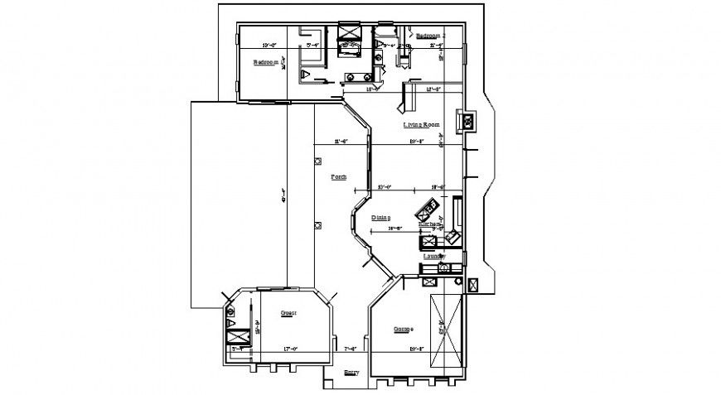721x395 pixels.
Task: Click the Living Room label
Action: [421, 125]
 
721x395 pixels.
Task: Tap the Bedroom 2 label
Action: [429, 36]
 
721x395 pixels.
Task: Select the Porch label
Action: [338, 177]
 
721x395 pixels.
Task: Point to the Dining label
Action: [380, 217]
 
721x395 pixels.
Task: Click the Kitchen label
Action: [429, 224]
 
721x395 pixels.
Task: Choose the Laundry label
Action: [435, 257]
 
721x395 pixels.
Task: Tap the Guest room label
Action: [288, 313]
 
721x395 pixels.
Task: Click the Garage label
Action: [403, 329]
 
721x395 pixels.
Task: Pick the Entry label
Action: [351, 373]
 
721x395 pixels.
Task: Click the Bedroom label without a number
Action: [265, 62]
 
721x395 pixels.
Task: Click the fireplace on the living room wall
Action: [466, 123]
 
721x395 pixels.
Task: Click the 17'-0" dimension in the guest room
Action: [290, 349]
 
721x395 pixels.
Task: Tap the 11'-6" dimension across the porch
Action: [341, 142]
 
